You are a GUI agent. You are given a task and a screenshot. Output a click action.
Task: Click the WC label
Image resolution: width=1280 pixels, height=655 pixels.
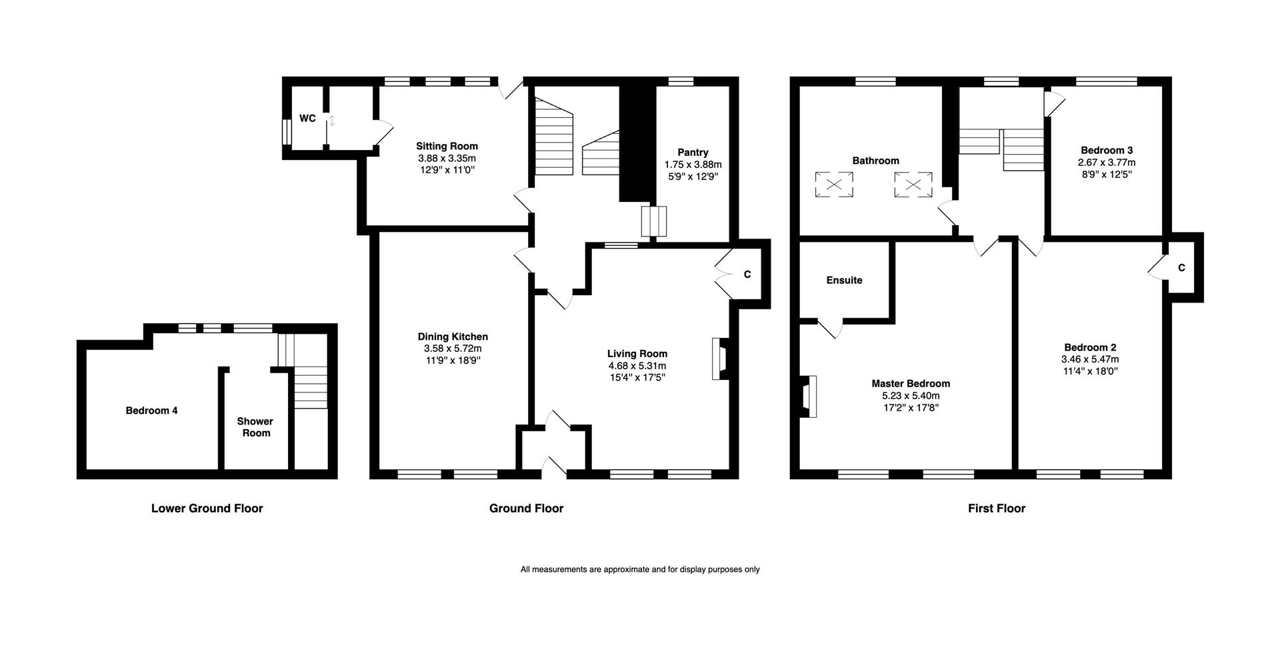307,119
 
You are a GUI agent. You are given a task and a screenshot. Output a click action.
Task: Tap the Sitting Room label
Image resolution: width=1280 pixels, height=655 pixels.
447,146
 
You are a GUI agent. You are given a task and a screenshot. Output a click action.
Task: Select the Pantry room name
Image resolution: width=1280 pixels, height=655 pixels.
693,153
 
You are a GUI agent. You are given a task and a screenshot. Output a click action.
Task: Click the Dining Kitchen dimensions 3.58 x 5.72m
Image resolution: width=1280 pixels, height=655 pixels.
453,348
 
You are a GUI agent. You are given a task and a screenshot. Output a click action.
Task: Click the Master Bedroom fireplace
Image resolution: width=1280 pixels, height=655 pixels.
809,396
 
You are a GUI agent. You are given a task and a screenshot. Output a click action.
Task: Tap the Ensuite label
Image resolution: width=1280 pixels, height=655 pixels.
844,281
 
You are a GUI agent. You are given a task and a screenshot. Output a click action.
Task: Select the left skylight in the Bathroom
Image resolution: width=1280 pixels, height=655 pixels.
834,185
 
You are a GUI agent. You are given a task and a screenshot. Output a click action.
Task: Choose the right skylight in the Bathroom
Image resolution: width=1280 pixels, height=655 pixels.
913,185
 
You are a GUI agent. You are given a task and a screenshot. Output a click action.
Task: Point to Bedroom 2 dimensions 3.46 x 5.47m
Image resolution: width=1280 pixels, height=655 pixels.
1090,359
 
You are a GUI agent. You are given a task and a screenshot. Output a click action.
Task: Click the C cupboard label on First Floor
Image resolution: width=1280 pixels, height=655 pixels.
1181,268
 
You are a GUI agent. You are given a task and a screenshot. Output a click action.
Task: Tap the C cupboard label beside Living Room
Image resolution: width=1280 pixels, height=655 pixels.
747,275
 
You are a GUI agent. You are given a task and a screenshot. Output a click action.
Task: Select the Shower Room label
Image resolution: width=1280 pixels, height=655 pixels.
255,427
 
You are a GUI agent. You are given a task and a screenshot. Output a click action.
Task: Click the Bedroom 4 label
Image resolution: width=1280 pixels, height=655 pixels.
151,410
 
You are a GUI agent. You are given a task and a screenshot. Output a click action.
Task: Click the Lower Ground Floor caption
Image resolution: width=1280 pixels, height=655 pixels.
207,508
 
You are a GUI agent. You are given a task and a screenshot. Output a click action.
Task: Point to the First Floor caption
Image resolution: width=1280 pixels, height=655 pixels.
997,508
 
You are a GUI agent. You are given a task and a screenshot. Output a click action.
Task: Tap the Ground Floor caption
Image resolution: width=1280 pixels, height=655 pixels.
527,508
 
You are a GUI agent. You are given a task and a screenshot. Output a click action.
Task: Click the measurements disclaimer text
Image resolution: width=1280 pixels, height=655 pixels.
640,570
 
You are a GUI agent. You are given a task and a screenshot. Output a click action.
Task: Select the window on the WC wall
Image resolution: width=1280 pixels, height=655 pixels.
287,131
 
